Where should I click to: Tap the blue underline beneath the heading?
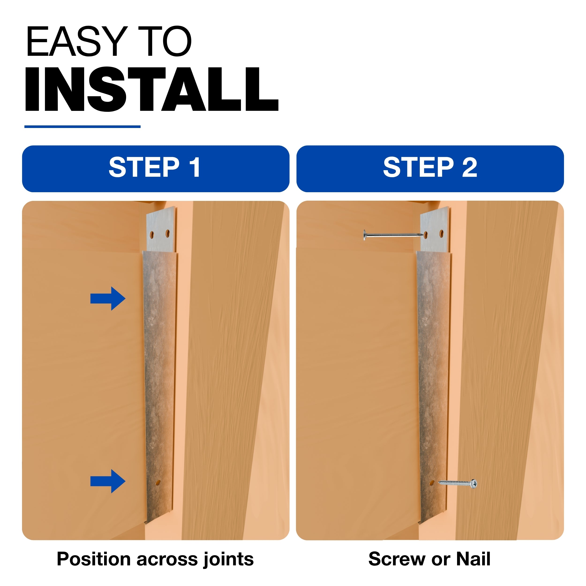[x=83, y=127]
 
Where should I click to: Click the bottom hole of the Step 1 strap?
[x=158, y=483]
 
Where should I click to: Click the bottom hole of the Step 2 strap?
[x=432, y=483]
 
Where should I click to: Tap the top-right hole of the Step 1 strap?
[x=167, y=233]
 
